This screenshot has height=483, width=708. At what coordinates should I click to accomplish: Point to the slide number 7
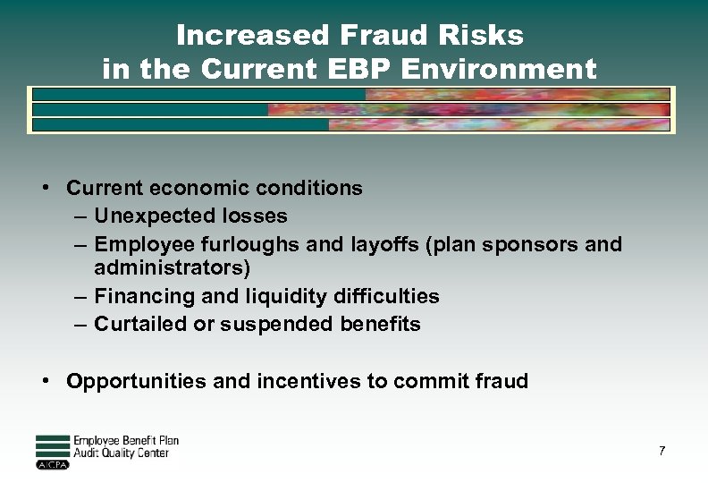click(x=662, y=451)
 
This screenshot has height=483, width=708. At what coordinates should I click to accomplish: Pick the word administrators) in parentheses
click(x=172, y=268)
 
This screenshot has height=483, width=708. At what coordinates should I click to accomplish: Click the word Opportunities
click(x=137, y=381)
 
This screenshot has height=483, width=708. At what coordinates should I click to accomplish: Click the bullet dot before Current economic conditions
click(x=44, y=188)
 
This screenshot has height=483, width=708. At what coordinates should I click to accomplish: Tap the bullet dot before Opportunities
click(x=44, y=381)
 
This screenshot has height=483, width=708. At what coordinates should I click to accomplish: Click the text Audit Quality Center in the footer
click(x=121, y=453)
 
